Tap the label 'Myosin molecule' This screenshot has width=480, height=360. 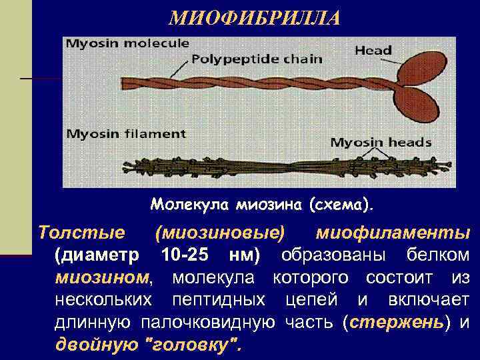coord(127,43)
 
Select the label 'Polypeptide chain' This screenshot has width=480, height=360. coord(257,59)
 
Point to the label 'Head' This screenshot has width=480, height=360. coord(373,50)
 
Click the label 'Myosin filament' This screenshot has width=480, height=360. coord(126,133)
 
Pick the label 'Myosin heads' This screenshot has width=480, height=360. coord(381,142)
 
